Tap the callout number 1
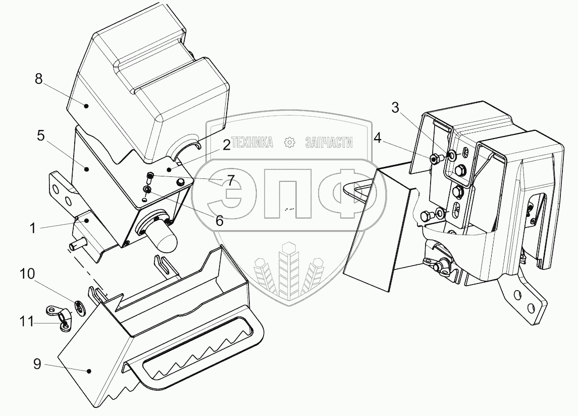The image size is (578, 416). coord(32,227)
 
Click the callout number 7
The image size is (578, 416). coord(230,180)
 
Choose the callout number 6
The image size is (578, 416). coord(220,220)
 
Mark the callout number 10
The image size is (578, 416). coord(27,274)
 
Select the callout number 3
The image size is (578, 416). coord(395,108)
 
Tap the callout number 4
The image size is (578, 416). coord(378,137)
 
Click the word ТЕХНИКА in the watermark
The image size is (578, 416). coord(252,143)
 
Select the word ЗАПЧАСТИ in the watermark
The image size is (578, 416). coord(329,143)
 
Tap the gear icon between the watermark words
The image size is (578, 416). coord(290,143)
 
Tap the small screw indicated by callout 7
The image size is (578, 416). coord(149,176)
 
